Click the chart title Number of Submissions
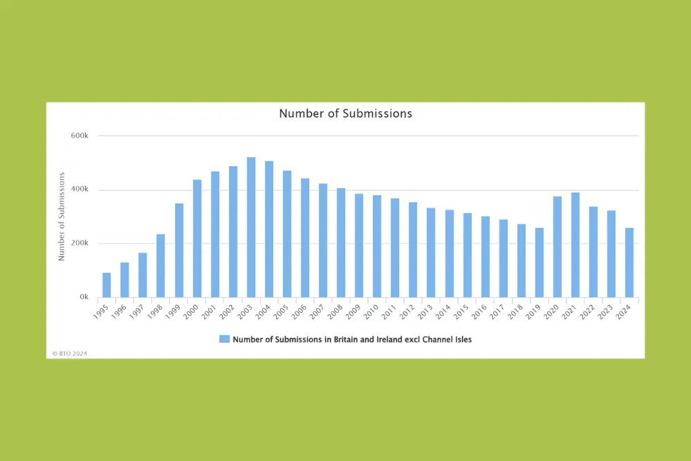[345, 113]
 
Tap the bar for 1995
[107, 284]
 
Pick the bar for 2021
[575, 244]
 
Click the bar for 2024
[629, 262]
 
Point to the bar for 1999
[179, 250]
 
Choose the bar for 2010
[377, 246]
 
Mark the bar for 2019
[540, 262]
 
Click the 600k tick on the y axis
[80, 136]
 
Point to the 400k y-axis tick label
[80, 190]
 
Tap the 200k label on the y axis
[80, 244]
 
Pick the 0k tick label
[84, 297]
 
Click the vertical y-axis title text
[62, 216]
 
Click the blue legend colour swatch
[224, 339]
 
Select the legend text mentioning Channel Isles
[352, 339]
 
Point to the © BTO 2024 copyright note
[70, 353]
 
